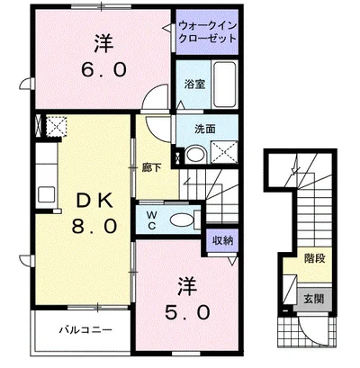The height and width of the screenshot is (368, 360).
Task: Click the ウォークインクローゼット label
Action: tap(208, 33)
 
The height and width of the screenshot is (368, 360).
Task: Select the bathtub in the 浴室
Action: tap(224, 85)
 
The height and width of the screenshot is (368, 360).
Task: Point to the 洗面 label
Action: tap(204, 129)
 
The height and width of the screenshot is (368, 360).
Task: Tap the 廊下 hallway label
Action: tap(151, 166)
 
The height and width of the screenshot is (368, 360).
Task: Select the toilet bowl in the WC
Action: tap(184, 218)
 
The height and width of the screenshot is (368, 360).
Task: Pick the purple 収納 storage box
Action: tap(222, 239)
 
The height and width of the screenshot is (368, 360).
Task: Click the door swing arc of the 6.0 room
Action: tap(157, 97)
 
